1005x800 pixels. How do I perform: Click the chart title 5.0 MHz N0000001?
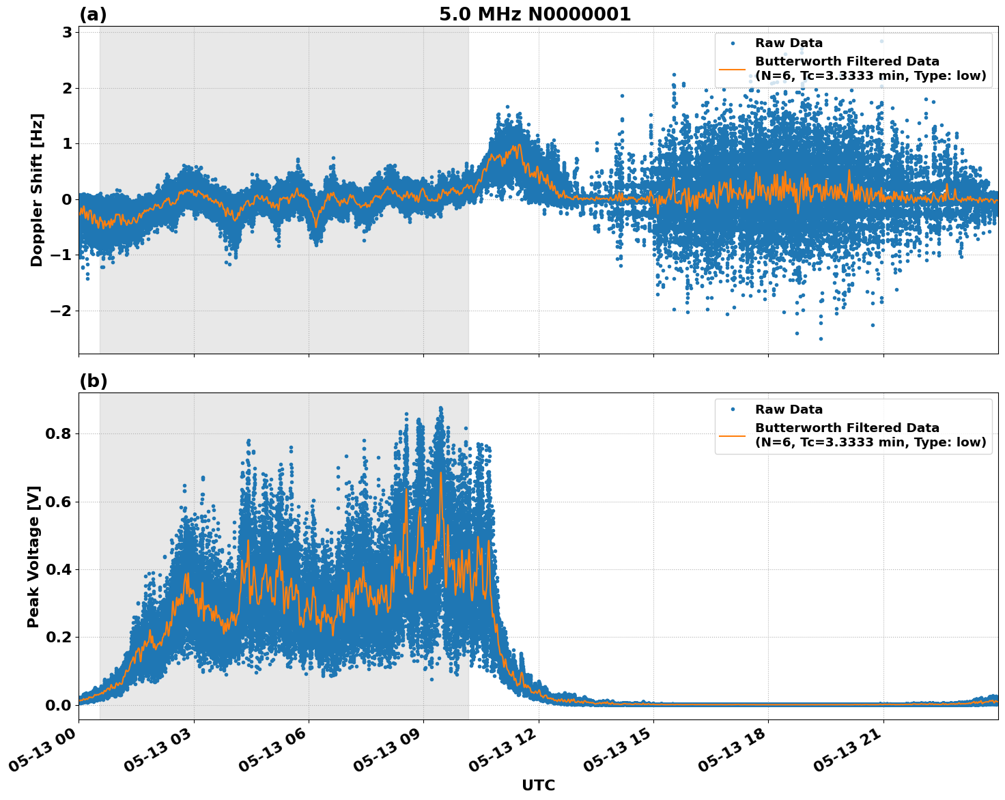click(535, 14)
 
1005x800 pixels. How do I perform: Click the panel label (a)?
click(93, 14)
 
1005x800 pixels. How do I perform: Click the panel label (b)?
click(93, 381)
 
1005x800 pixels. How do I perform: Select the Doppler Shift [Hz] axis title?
click(37, 190)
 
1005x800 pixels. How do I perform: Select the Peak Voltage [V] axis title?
click(33, 556)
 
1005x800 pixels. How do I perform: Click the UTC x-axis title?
click(538, 785)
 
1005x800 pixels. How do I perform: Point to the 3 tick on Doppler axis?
click(67, 33)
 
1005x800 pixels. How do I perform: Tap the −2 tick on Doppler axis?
click(61, 311)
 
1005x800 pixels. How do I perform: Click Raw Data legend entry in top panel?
click(789, 44)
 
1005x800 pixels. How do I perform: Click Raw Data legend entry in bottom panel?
click(789, 410)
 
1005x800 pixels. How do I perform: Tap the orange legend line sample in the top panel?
click(732, 69)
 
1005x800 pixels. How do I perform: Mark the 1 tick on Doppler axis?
click(67, 144)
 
